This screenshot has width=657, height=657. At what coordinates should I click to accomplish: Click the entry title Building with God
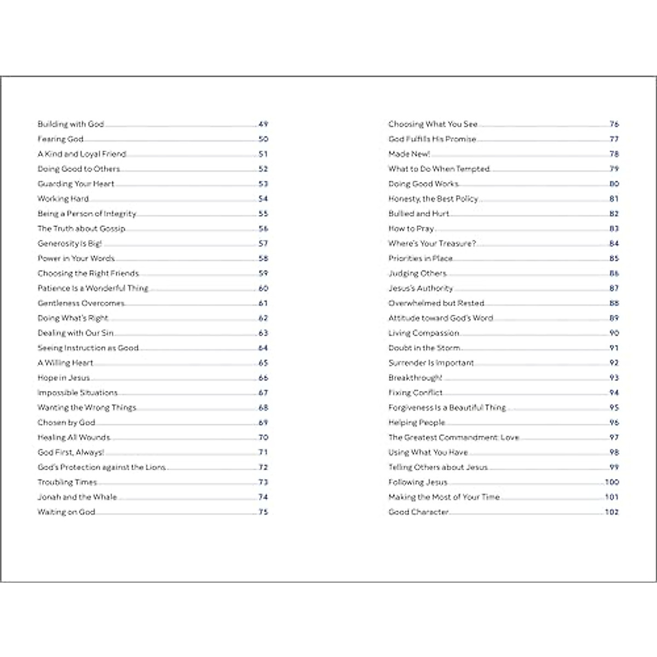[x=71, y=124]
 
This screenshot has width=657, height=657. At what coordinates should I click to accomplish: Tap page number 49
[x=263, y=124]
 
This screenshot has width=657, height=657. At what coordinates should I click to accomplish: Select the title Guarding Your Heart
[x=76, y=184]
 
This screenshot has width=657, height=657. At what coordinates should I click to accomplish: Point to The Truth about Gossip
[x=81, y=229]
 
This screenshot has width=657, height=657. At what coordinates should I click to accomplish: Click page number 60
[x=263, y=289]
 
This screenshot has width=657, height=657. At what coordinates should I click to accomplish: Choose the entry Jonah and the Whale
[x=77, y=497]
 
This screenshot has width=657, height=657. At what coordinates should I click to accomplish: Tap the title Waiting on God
[x=66, y=512]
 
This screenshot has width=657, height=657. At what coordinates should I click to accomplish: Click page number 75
[x=263, y=512]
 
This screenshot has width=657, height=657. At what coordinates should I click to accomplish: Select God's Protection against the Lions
[x=101, y=468]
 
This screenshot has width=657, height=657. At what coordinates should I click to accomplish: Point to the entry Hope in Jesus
[x=64, y=378]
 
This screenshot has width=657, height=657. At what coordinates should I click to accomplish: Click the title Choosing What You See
[x=433, y=124]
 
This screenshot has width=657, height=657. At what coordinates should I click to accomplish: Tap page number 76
[x=614, y=124]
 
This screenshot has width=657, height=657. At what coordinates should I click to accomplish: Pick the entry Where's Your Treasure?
[x=432, y=244]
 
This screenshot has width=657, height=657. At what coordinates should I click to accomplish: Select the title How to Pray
[x=411, y=229]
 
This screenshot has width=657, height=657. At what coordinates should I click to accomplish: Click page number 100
[x=612, y=482]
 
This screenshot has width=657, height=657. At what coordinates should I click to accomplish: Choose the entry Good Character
[x=418, y=512]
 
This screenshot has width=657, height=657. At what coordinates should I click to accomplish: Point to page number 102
[x=612, y=512]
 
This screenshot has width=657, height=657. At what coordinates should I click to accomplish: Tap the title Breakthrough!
[x=415, y=378]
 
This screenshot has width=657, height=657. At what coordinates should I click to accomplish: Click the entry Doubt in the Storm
[x=424, y=348]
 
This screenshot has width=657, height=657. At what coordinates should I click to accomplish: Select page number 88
[x=614, y=303]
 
